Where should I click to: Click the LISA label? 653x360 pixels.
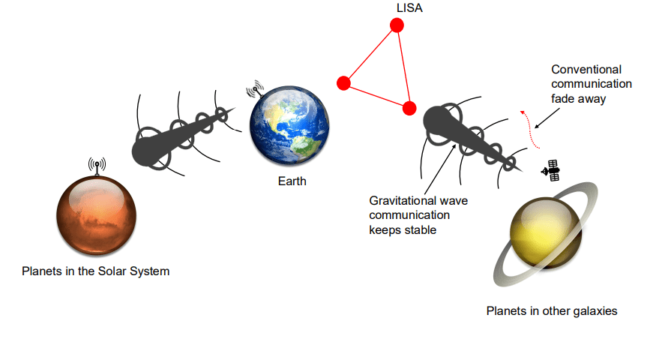(x=409, y=7)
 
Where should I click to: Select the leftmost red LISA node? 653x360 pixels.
(x=344, y=82)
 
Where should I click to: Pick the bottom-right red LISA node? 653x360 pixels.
(x=409, y=108)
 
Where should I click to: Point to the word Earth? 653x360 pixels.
(x=292, y=181)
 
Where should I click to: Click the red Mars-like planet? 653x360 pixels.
(x=97, y=214)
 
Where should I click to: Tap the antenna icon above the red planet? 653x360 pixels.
(x=97, y=165)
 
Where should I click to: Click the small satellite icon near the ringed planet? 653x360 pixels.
(x=551, y=170)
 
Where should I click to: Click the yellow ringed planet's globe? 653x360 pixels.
(x=543, y=232)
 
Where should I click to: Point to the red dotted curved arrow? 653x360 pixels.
(x=531, y=127)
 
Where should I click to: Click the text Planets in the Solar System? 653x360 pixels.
(x=96, y=271)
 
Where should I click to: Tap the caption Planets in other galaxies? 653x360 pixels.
(x=552, y=310)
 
